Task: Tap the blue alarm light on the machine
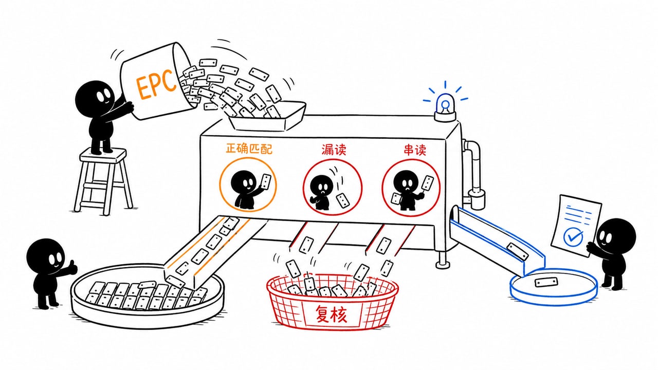click(445, 107)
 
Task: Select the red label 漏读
click(334, 150)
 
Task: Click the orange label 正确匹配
click(249, 149)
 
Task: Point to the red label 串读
click(415, 150)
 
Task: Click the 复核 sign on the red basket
click(331, 314)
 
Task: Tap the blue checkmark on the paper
click(573, 237)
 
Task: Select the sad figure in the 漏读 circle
click(321, 193)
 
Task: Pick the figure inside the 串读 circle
click(407, 190)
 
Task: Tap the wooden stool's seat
click(103, 155)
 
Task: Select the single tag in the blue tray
click(546, 283)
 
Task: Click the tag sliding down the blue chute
click(517, 252)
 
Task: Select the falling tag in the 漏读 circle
click(343, 201)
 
